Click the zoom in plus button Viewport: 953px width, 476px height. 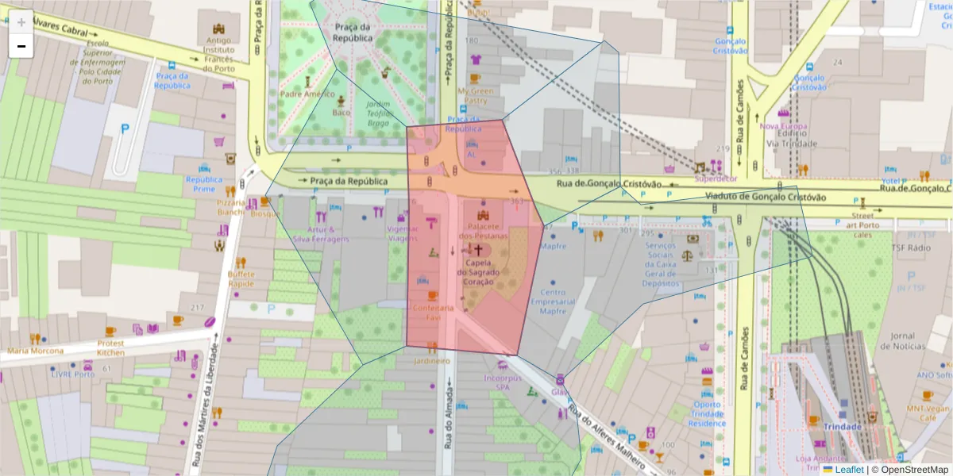pos(21,21)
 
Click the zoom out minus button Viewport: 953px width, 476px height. pos(21,46)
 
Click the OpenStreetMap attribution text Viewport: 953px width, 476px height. pos(909,470)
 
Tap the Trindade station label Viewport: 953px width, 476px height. pos(843,426)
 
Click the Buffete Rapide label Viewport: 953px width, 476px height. pos(241,278)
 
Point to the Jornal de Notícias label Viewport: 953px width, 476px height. pos(903,340)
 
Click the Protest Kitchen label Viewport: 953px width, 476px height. pos(110,347)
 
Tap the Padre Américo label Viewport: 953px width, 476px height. pos(307,94)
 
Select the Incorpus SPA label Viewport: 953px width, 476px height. pos(503,382)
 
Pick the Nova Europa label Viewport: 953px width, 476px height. pos(783,126)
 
